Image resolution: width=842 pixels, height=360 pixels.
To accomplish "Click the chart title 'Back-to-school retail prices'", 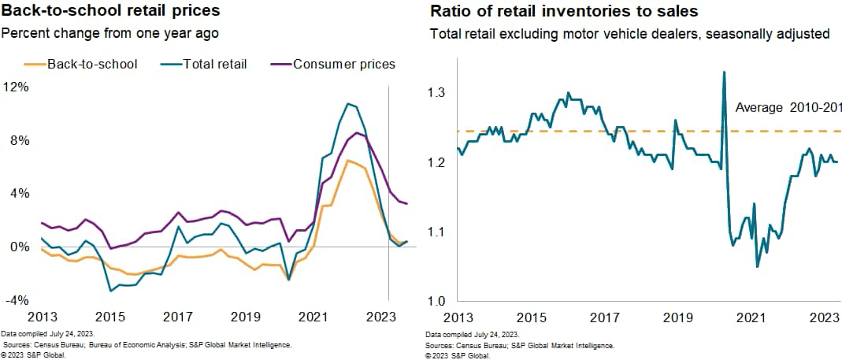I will pyautogui.click(x=110, y=12).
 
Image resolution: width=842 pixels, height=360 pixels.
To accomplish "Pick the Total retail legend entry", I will pyautogui.click(x=210, y=64).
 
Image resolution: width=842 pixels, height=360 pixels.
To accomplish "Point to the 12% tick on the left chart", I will pyautogui.click(x=16, y=87).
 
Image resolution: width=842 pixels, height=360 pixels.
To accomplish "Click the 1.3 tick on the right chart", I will pyautogui.click(x=438, y=93).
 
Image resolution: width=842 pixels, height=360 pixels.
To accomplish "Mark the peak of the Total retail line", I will pyautogui.click(x=347, y=103).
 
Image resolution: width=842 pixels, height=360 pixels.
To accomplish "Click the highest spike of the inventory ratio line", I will pyautogui.click(x=724, y=72).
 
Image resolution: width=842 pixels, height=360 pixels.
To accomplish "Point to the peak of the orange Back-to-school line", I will pyautogui.click(x=347, y=161).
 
